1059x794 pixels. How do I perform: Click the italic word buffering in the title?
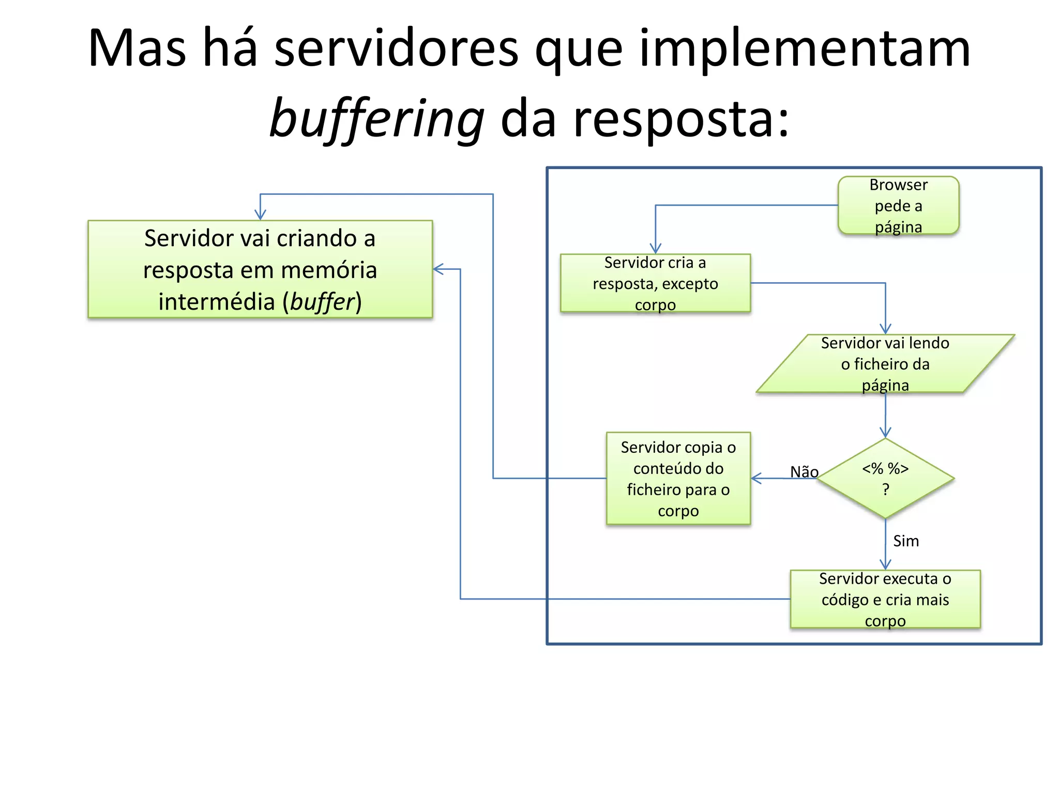point(377,119)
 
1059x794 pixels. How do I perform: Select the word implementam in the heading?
point(805,49)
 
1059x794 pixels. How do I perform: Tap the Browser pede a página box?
point(898,206)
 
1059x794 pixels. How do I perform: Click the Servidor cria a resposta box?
point(655,283)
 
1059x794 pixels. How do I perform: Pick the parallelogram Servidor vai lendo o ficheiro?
point(885,364)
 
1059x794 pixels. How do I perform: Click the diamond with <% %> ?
point(885,479)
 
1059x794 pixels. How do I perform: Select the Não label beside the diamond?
point(804,471)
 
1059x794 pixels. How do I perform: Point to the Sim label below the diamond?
point(906,541)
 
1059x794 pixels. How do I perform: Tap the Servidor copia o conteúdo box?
point(678,479)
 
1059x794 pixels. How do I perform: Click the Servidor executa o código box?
point(885,600)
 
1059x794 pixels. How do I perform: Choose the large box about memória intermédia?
point(260,269)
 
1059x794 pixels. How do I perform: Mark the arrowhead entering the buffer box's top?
point(260,215)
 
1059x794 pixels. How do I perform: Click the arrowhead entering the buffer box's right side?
point(438,269)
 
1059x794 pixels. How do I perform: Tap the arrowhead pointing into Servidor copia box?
point(756,479)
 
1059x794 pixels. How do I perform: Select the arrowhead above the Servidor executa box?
point(885,564)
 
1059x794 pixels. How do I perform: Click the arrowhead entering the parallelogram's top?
point(885,329)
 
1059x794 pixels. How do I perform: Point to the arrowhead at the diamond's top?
point(885,433)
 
